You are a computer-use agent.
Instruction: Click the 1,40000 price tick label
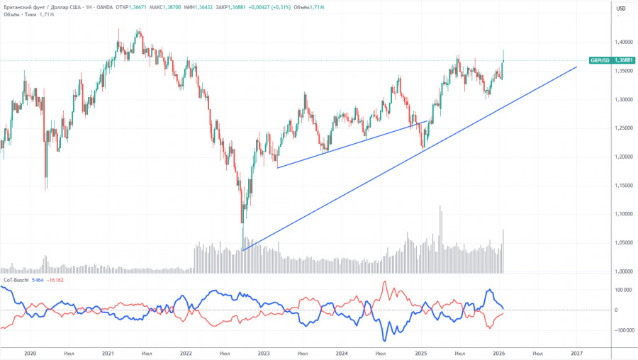point(605,42)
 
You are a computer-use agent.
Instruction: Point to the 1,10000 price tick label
point(605,214)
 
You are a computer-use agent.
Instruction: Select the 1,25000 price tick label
point(605,128)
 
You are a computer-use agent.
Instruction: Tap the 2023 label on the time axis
point(264,352)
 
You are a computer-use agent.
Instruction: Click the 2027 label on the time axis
point(576,352)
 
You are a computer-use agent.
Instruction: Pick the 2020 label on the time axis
point(30,352)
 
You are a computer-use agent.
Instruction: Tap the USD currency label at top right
point(620,8)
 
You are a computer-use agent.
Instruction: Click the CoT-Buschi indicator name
point(16,281)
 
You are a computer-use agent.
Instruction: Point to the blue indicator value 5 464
point(40,281)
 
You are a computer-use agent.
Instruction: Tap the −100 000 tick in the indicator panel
point(605,330)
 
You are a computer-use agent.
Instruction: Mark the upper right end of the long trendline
point(577,67)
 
